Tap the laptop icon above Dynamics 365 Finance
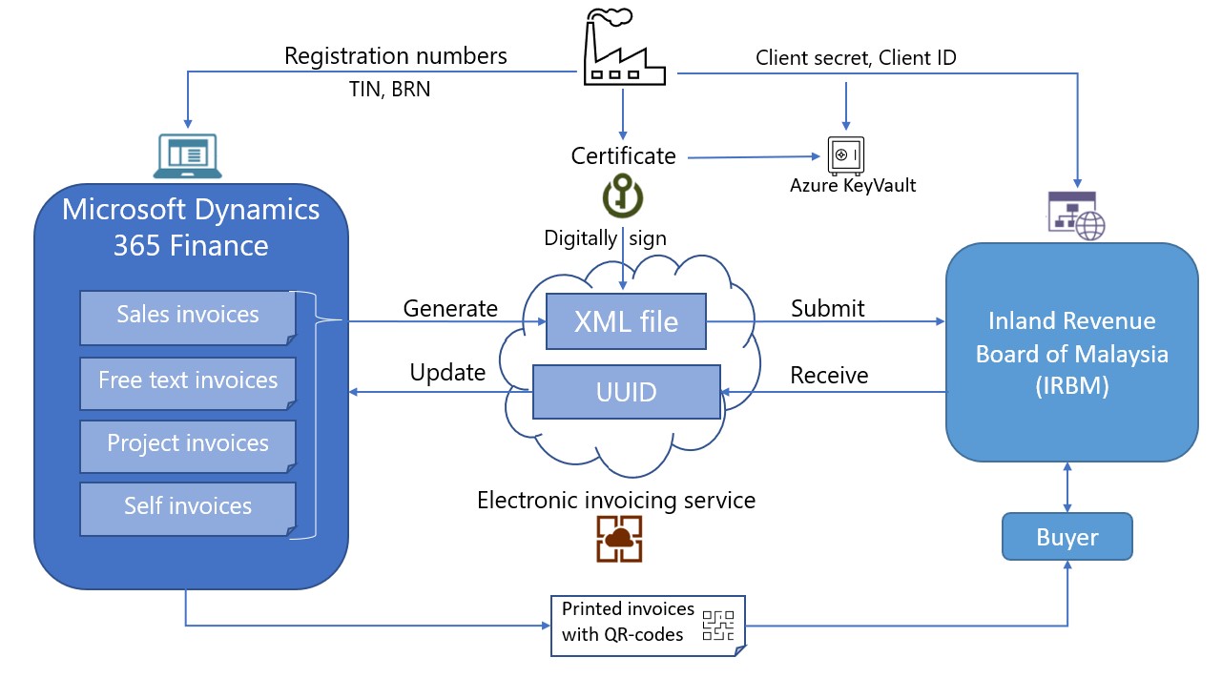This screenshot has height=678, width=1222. pyautogui.click(x=188, y=155)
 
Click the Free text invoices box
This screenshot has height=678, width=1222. pyautogui.click(x=188, y=381)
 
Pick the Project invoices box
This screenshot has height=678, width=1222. pyautogui.click(x=188, y=444)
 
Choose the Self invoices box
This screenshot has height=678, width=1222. pyautogui.click(x=188, y=507)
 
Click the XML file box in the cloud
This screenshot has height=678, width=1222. pyautogui.click(x=627, y=322)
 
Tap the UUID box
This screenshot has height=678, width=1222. pyautogui.click(x=627, y=392)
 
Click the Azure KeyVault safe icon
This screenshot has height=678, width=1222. pyautogui.click(x=845, y=155)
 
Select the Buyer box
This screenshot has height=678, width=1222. pyautogui.click(x=1067, y=538)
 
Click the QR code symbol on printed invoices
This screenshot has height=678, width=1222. pyautogui.click(x=720, y=625)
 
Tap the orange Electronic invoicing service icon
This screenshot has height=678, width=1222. pyautogui.click(x=619, y=539)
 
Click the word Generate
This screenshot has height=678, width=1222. pyautogui.click(x=450, y=309)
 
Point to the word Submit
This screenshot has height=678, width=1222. pyautogui.click(x=827, y=309)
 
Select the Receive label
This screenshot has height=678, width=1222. pyautogui.click(x=829, y=376)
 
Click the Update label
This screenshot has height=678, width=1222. pyautogui.click(x=447, y=373)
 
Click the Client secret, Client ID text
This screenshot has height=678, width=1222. pyautogui.click(x=856, y=58)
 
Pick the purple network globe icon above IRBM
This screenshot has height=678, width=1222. pyautogui.click(x=1074, y=216)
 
